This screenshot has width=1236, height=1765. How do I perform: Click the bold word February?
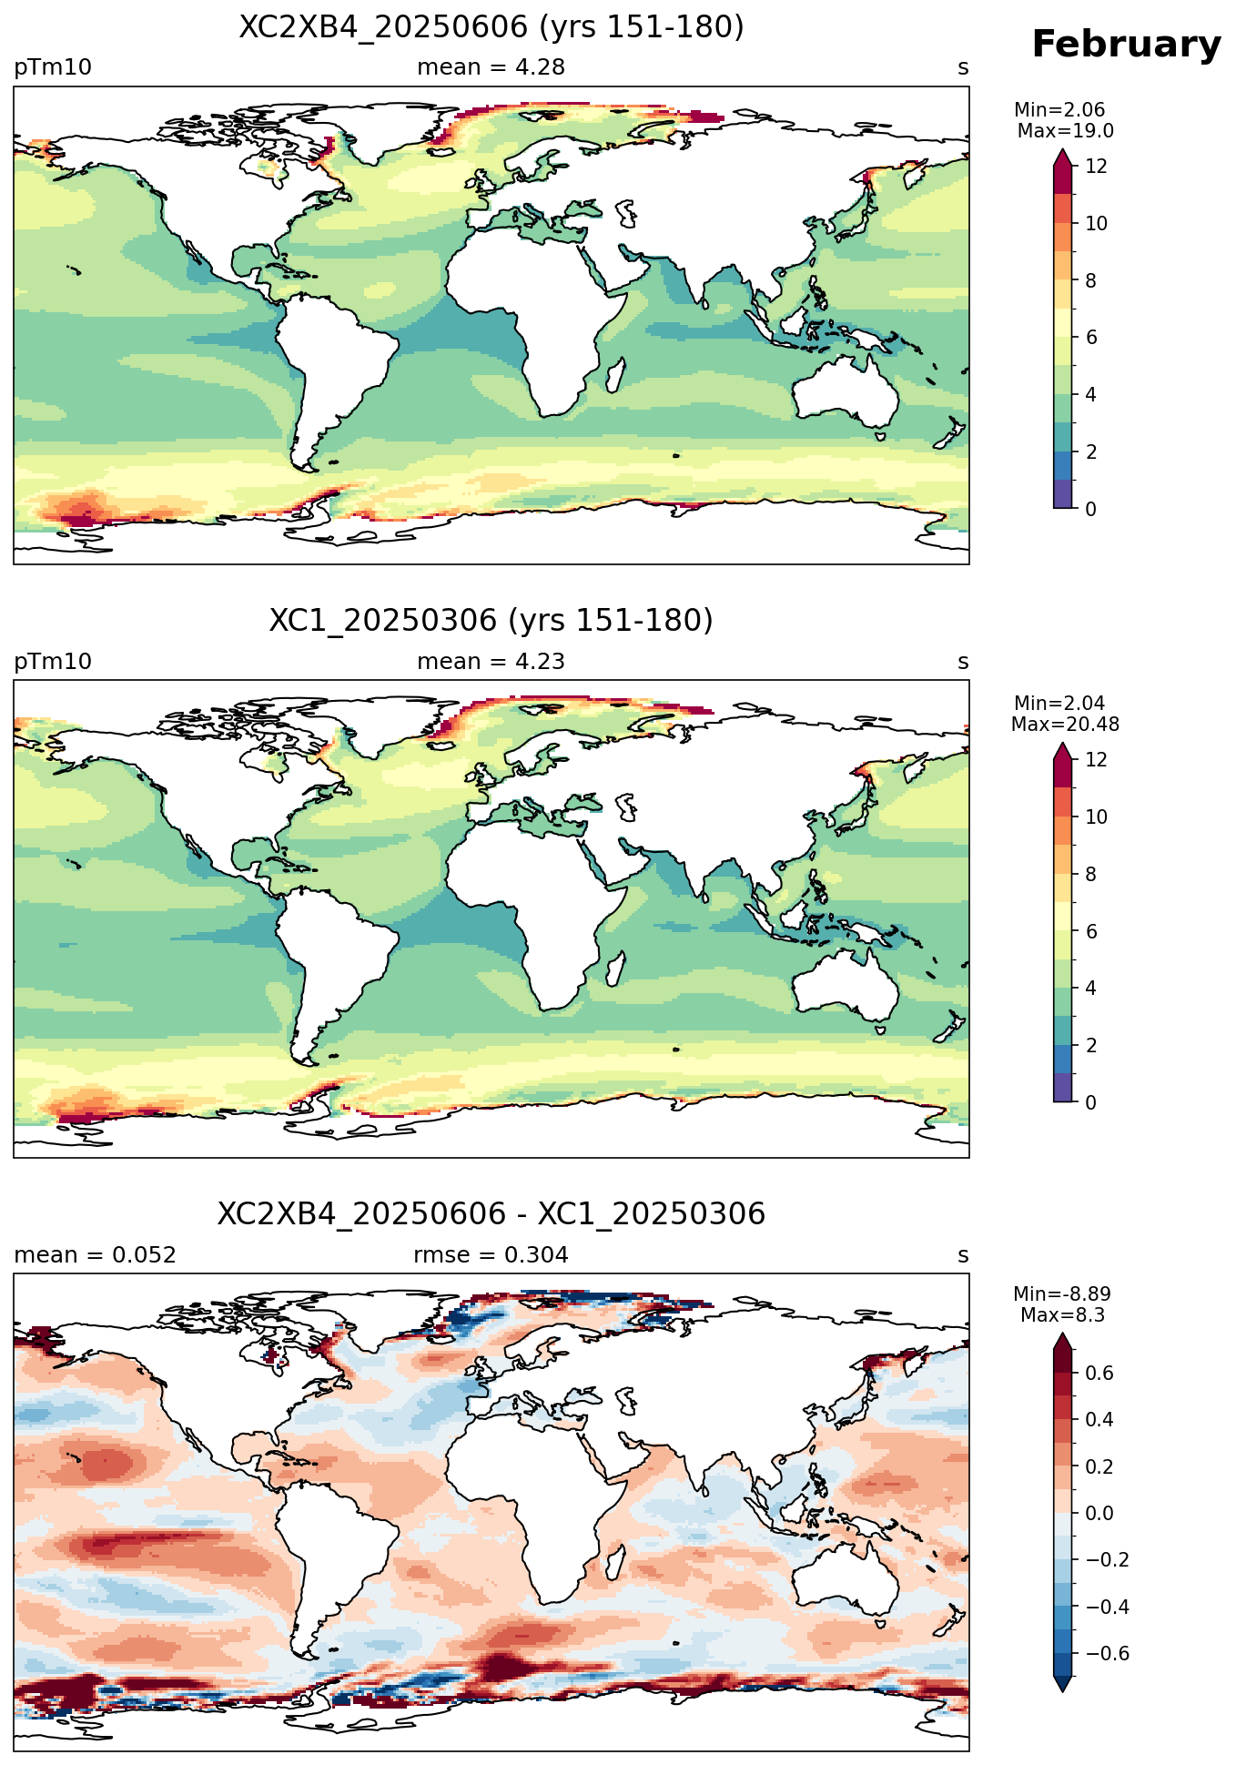point(1126,45)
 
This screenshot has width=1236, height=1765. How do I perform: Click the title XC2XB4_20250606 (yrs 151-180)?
point(491,27)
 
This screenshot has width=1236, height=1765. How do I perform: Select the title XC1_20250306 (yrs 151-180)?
point(491,621)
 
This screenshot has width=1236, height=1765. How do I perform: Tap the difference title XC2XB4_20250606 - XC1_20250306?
point(491,1214)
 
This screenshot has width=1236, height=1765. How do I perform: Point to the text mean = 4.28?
point(491,67)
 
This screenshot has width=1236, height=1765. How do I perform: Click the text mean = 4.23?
point(491,662)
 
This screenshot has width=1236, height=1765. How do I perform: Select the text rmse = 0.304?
point(491,1255)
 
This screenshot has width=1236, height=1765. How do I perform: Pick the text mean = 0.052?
point(95,1255)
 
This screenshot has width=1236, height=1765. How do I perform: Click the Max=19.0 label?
point(1065,131)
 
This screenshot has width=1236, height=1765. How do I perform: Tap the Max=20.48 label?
point(1065,725)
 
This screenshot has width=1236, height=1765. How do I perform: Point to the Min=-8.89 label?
point(1062,1294)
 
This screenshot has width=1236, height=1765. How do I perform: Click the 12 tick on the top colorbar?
point(1097,166)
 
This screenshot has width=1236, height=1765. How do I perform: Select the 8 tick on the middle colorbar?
point(1091,874)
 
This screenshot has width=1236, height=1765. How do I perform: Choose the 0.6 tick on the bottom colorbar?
point(1100,1373)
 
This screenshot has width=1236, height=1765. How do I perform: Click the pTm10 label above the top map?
point(53,67)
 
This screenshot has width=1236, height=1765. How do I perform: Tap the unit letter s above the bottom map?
point(963,1255)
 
